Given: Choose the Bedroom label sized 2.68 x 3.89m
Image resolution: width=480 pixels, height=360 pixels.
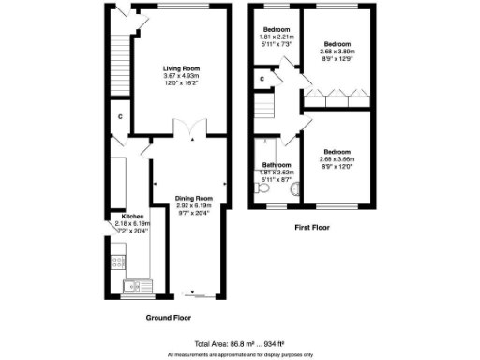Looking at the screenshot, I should [337, 43].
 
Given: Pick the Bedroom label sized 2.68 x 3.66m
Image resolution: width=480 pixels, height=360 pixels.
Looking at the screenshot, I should [337, 151].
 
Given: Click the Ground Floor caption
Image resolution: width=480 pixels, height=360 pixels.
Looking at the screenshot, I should [169, 318].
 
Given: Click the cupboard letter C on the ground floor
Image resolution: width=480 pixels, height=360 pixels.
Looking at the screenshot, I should [120, 116].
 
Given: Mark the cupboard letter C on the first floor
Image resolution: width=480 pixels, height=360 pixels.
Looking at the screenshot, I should [262, 79].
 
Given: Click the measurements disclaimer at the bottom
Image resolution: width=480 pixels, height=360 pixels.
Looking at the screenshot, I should [239, 354].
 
